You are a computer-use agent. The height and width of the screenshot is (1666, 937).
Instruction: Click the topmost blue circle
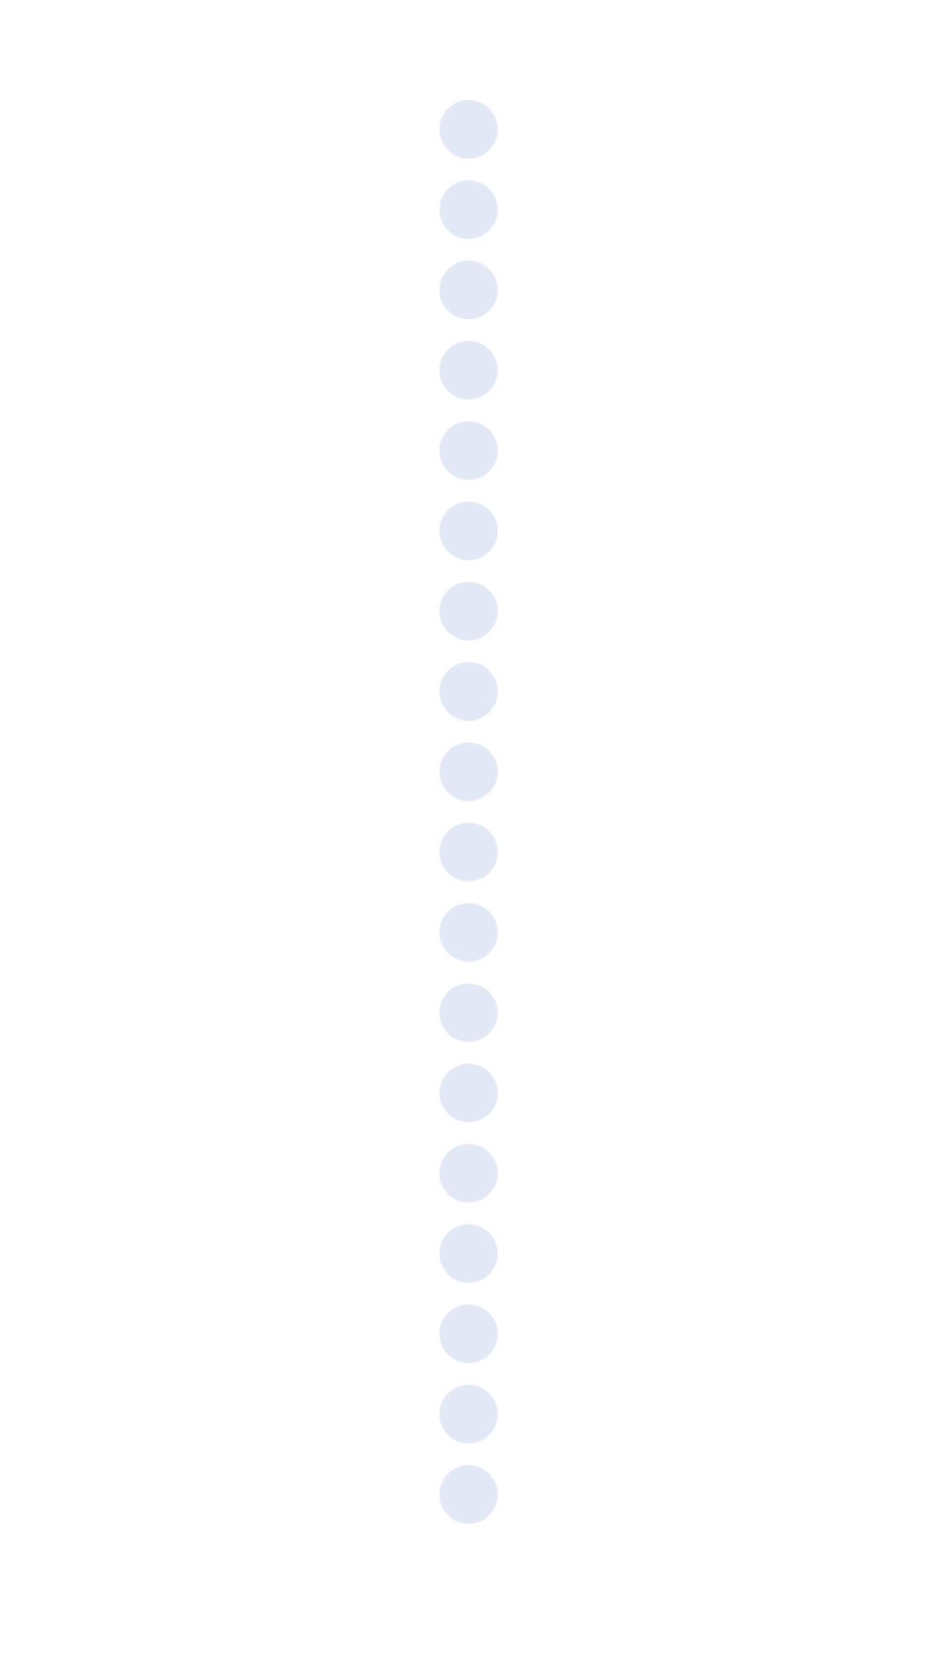click(468, 129)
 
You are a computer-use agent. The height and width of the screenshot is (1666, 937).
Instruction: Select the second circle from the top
click(468, 209)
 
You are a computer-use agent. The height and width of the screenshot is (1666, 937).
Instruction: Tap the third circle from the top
click(468, 290)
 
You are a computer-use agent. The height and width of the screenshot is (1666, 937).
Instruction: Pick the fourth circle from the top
click(468, 370)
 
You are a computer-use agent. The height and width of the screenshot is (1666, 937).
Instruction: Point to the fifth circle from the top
click(468, 450)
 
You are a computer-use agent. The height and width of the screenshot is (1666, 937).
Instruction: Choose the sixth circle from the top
click(468, 530)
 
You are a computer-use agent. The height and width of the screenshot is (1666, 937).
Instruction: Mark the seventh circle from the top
click(468, 611)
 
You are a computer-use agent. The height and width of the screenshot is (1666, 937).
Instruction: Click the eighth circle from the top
click(468, 691)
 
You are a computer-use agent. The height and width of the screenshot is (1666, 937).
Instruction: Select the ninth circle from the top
click(468, 771)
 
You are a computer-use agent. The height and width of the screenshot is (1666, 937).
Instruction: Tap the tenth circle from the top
click(468, 851)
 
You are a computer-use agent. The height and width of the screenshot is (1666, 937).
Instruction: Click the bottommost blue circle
click(468, 1493)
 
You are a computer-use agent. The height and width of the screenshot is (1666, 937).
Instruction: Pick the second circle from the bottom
click(468, 1413)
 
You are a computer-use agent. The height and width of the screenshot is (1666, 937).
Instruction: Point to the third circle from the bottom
click(468, 1333)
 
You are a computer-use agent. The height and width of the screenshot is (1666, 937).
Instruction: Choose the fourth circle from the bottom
click(468, 1253)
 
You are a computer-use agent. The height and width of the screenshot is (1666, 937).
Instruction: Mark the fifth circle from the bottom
click(468, 1172)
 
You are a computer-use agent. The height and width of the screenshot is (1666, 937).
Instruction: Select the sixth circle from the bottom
click(468, 1092)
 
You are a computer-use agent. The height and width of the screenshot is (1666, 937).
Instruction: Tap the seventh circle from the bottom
click(468, 1012)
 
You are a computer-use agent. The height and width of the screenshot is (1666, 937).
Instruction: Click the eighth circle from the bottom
click(468, 932)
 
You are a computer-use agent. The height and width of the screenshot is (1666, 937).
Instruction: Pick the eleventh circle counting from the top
click(468, 932)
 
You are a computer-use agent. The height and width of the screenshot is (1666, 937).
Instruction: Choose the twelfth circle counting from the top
click(468, 1012)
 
